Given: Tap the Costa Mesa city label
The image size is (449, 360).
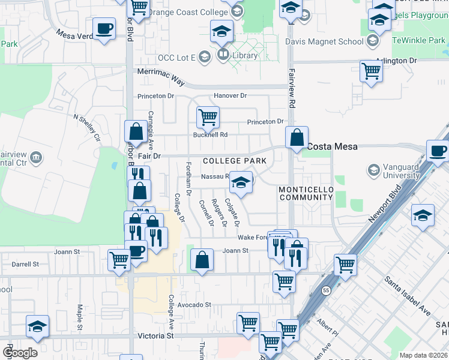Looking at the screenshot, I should [333, 146].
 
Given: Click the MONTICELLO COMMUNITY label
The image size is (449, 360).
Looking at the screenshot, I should [306, 193].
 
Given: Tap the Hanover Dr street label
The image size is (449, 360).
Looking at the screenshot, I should [230, 96].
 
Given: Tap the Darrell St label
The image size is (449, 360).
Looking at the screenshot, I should [25, 263].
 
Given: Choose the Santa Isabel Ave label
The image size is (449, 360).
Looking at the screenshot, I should [408, 296].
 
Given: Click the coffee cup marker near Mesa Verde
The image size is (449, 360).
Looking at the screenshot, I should [104, 28].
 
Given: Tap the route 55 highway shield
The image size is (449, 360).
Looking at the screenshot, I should [325, 290].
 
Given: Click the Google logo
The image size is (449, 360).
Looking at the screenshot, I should [20, 353].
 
